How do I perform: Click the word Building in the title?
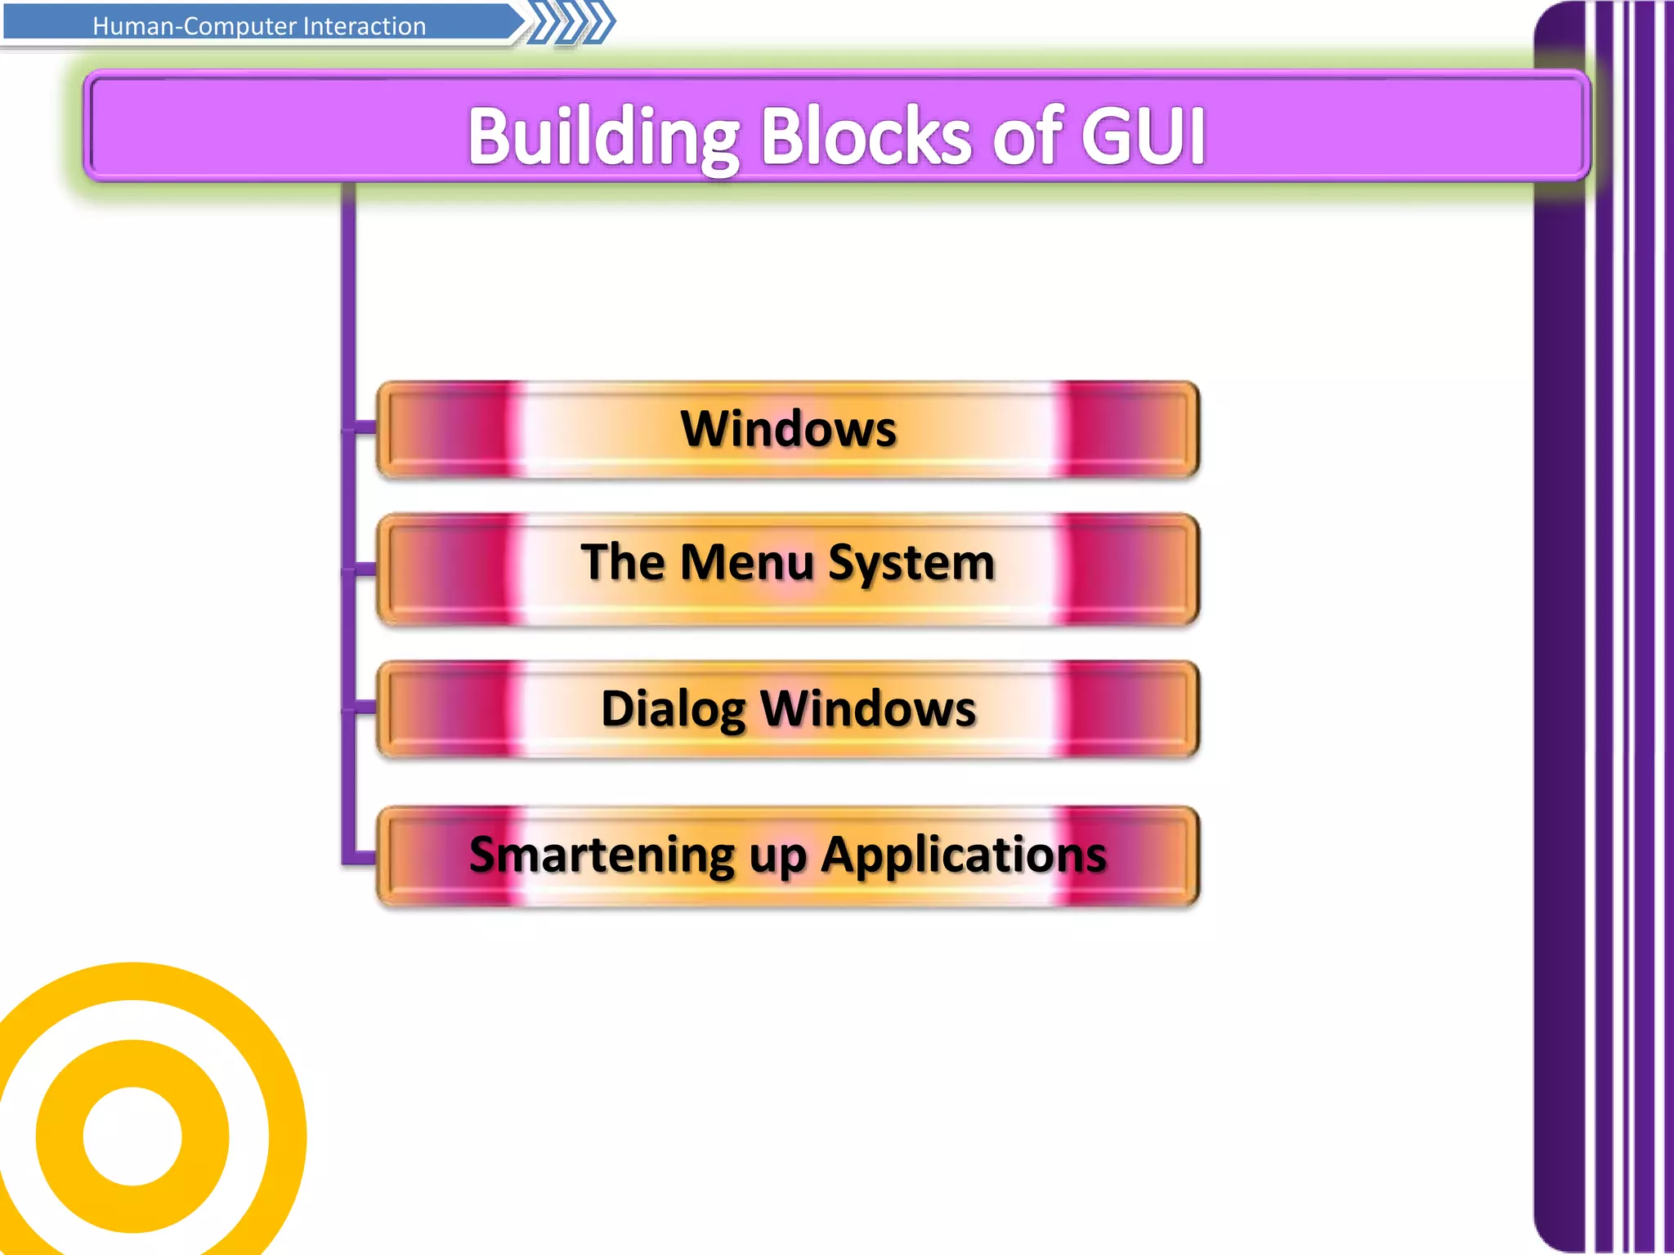[603, 137]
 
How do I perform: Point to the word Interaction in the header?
[364, 26]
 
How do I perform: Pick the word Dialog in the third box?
[673, 708]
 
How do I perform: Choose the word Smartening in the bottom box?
[602, 855]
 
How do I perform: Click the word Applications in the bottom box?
[964, 856]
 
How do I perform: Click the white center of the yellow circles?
[132, 1136]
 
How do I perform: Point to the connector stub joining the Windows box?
[365, 427]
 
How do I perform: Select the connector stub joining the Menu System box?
[365, 569]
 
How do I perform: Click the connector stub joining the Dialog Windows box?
[365, 708]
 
